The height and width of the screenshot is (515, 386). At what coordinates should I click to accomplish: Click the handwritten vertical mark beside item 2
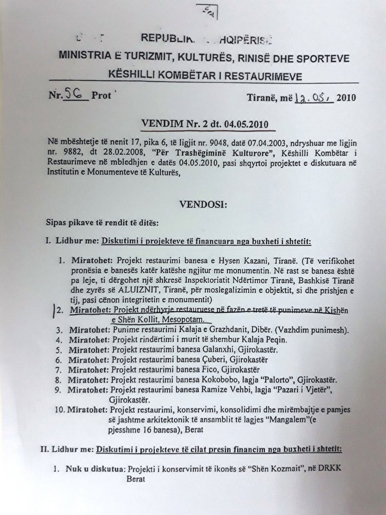pyautogui.click(x=53, y=309)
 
